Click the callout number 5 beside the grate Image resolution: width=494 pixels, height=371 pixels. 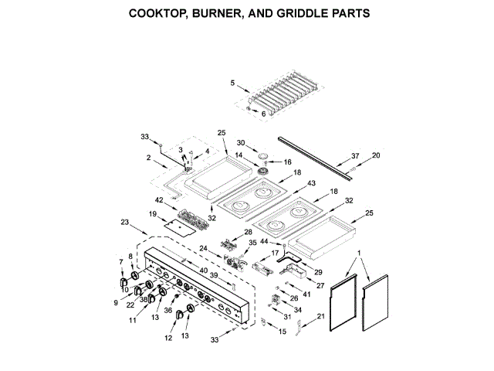(x=232, y=83)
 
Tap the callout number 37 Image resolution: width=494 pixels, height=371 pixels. (x=355, y=156)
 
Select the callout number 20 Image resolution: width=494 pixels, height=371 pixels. (x=376, y=155)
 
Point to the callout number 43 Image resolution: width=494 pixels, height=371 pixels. (x=311, y=183)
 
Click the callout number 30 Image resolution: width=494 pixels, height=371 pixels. (x=241, y=143)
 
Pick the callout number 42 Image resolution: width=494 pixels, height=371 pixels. (x=159, y=200)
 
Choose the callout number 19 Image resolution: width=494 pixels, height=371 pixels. (x=153, y=214)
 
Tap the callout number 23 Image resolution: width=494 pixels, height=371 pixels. (x=125, y=222)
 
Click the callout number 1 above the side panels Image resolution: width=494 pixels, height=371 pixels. (x=359, y=254)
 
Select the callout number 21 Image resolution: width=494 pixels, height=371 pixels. (x=320, y=316)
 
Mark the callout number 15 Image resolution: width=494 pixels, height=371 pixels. (x=283, y=332)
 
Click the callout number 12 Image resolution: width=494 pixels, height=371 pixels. (x=168, y=339)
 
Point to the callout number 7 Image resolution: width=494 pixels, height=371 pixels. (x=121, y=262)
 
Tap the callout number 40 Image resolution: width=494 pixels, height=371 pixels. (x=204, y=271)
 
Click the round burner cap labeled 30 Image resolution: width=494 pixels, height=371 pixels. (x=263, y=156)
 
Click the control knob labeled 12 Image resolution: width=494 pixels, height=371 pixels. (x=179, y=315)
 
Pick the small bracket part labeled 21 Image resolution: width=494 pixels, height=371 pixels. (x=299, y=328)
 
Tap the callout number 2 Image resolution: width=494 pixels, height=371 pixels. (x=149, y=158)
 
